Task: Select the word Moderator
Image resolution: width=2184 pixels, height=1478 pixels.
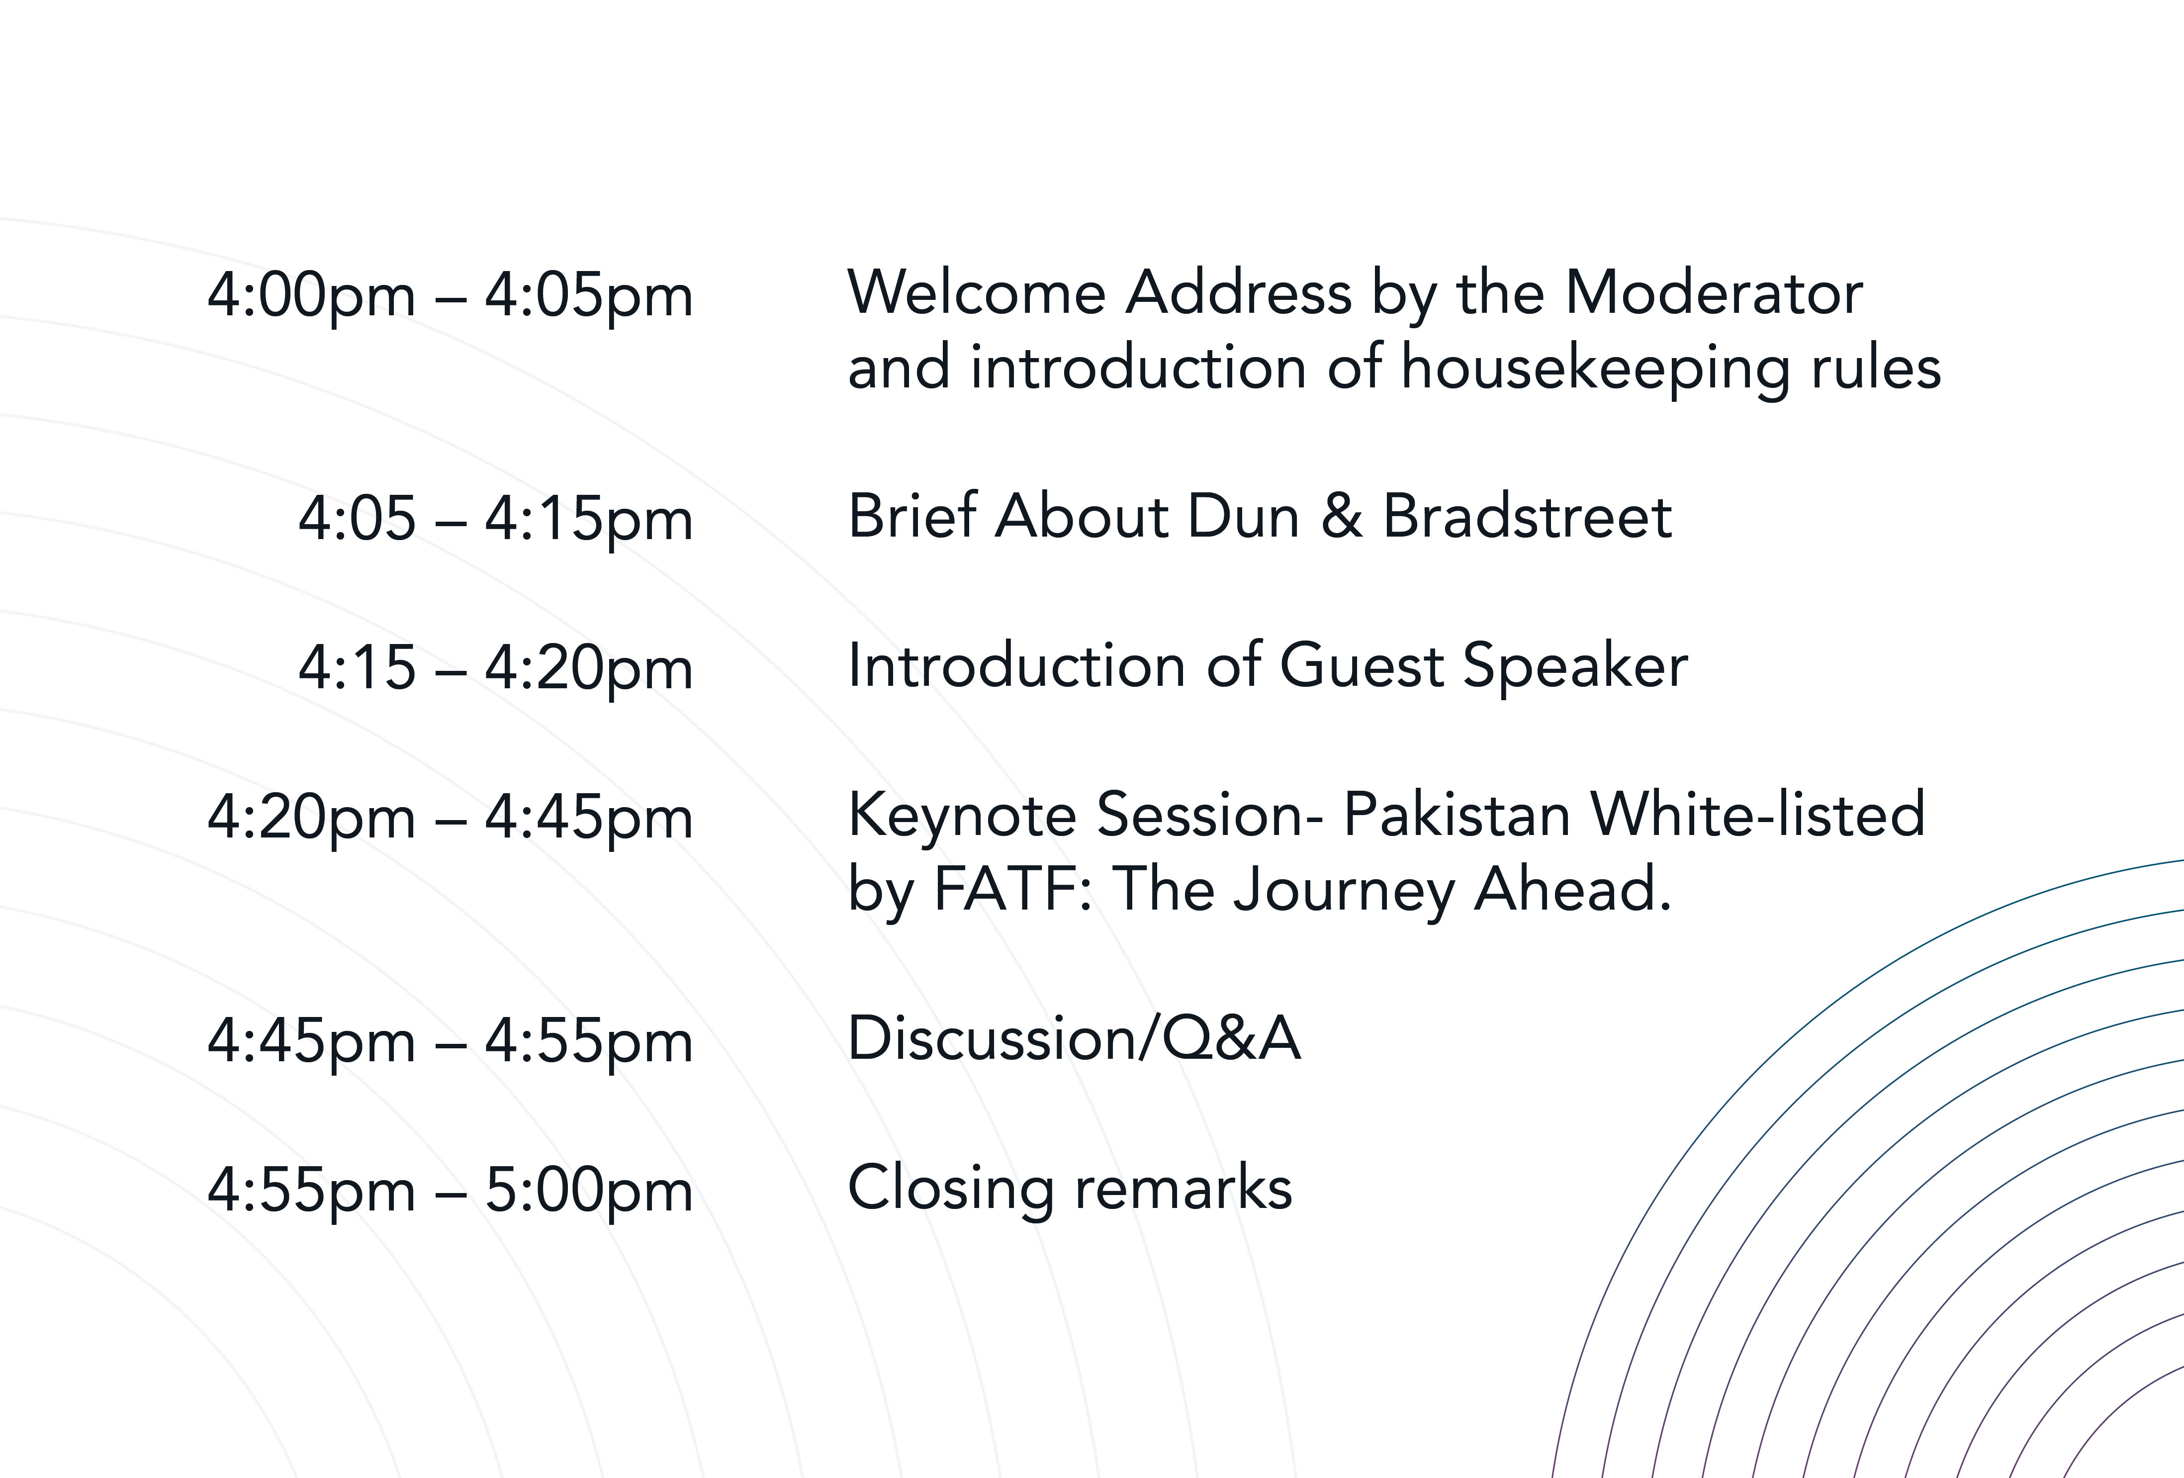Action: pyautogui.click(x=1713, y=292)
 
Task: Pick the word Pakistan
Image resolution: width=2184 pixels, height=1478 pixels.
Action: pyautogui.click(x=1456, y=814)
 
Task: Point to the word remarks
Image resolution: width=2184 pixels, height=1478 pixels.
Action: pyautogui.click(x=1183, y=1188)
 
